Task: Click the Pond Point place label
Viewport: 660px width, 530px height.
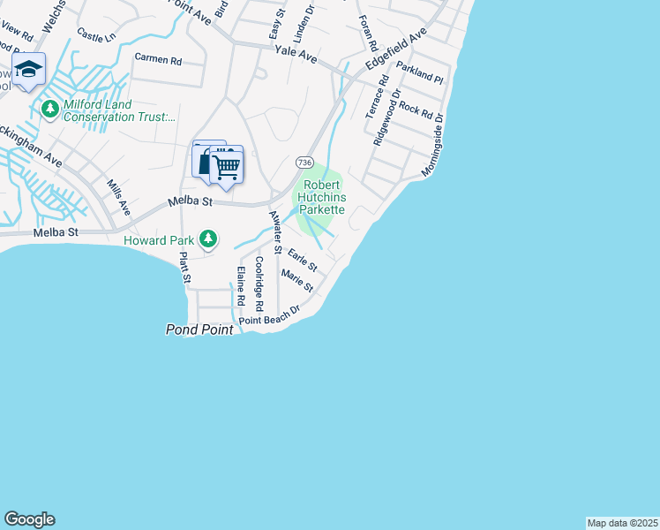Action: [x=200, y=329]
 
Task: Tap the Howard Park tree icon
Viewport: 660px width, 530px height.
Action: [x=208, y=238]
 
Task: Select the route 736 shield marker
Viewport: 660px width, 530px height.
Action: [x=304, y=163]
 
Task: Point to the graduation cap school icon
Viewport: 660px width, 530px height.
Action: [x=29, y=70]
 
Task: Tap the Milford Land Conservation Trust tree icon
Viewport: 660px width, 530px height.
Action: [x=49, y=110]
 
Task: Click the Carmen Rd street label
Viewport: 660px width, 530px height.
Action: [x=158, y=61]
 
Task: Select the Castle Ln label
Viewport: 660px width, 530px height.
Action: [x=96, y=35]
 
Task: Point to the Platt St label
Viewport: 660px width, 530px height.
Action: [x=184, y=268]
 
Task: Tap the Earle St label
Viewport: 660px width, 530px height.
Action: [x=302, y=261]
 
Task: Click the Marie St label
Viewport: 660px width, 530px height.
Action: [x=296, y=282]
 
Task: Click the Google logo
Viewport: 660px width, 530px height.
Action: [x=29, y=519]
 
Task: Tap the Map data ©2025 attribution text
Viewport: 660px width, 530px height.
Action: [x=622, y=523]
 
